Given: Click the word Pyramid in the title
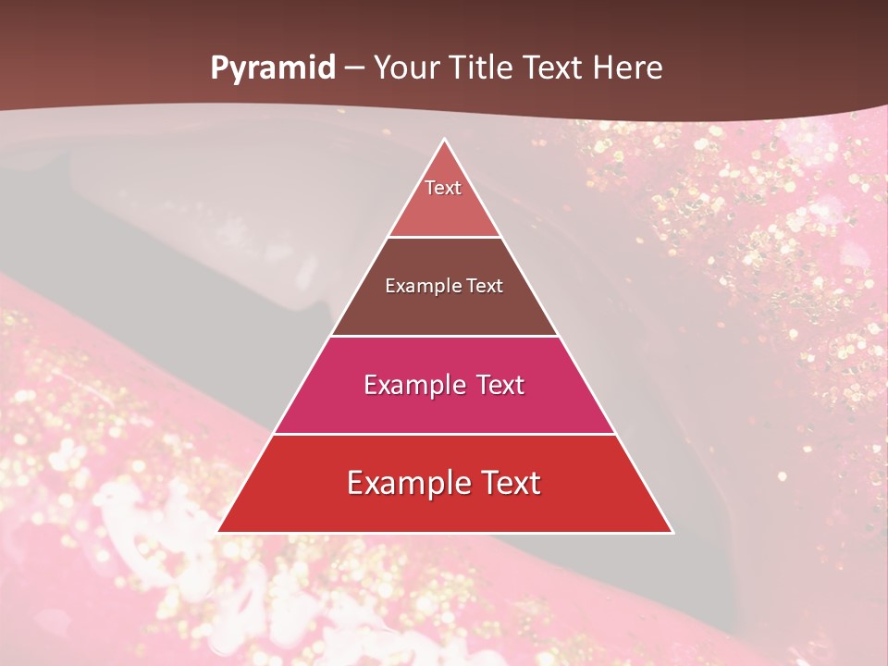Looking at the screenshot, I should [x=272, y=68].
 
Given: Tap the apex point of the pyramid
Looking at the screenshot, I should [x=445, y=140].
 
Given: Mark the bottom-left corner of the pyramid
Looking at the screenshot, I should [x=218, y=532].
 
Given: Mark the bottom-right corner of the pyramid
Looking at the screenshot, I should [x=672, y=532].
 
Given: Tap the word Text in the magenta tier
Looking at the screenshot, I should [x=500, y=385].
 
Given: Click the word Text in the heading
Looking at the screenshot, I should [x=552, y=68].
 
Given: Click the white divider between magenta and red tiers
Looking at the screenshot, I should [x=444, y=434].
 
